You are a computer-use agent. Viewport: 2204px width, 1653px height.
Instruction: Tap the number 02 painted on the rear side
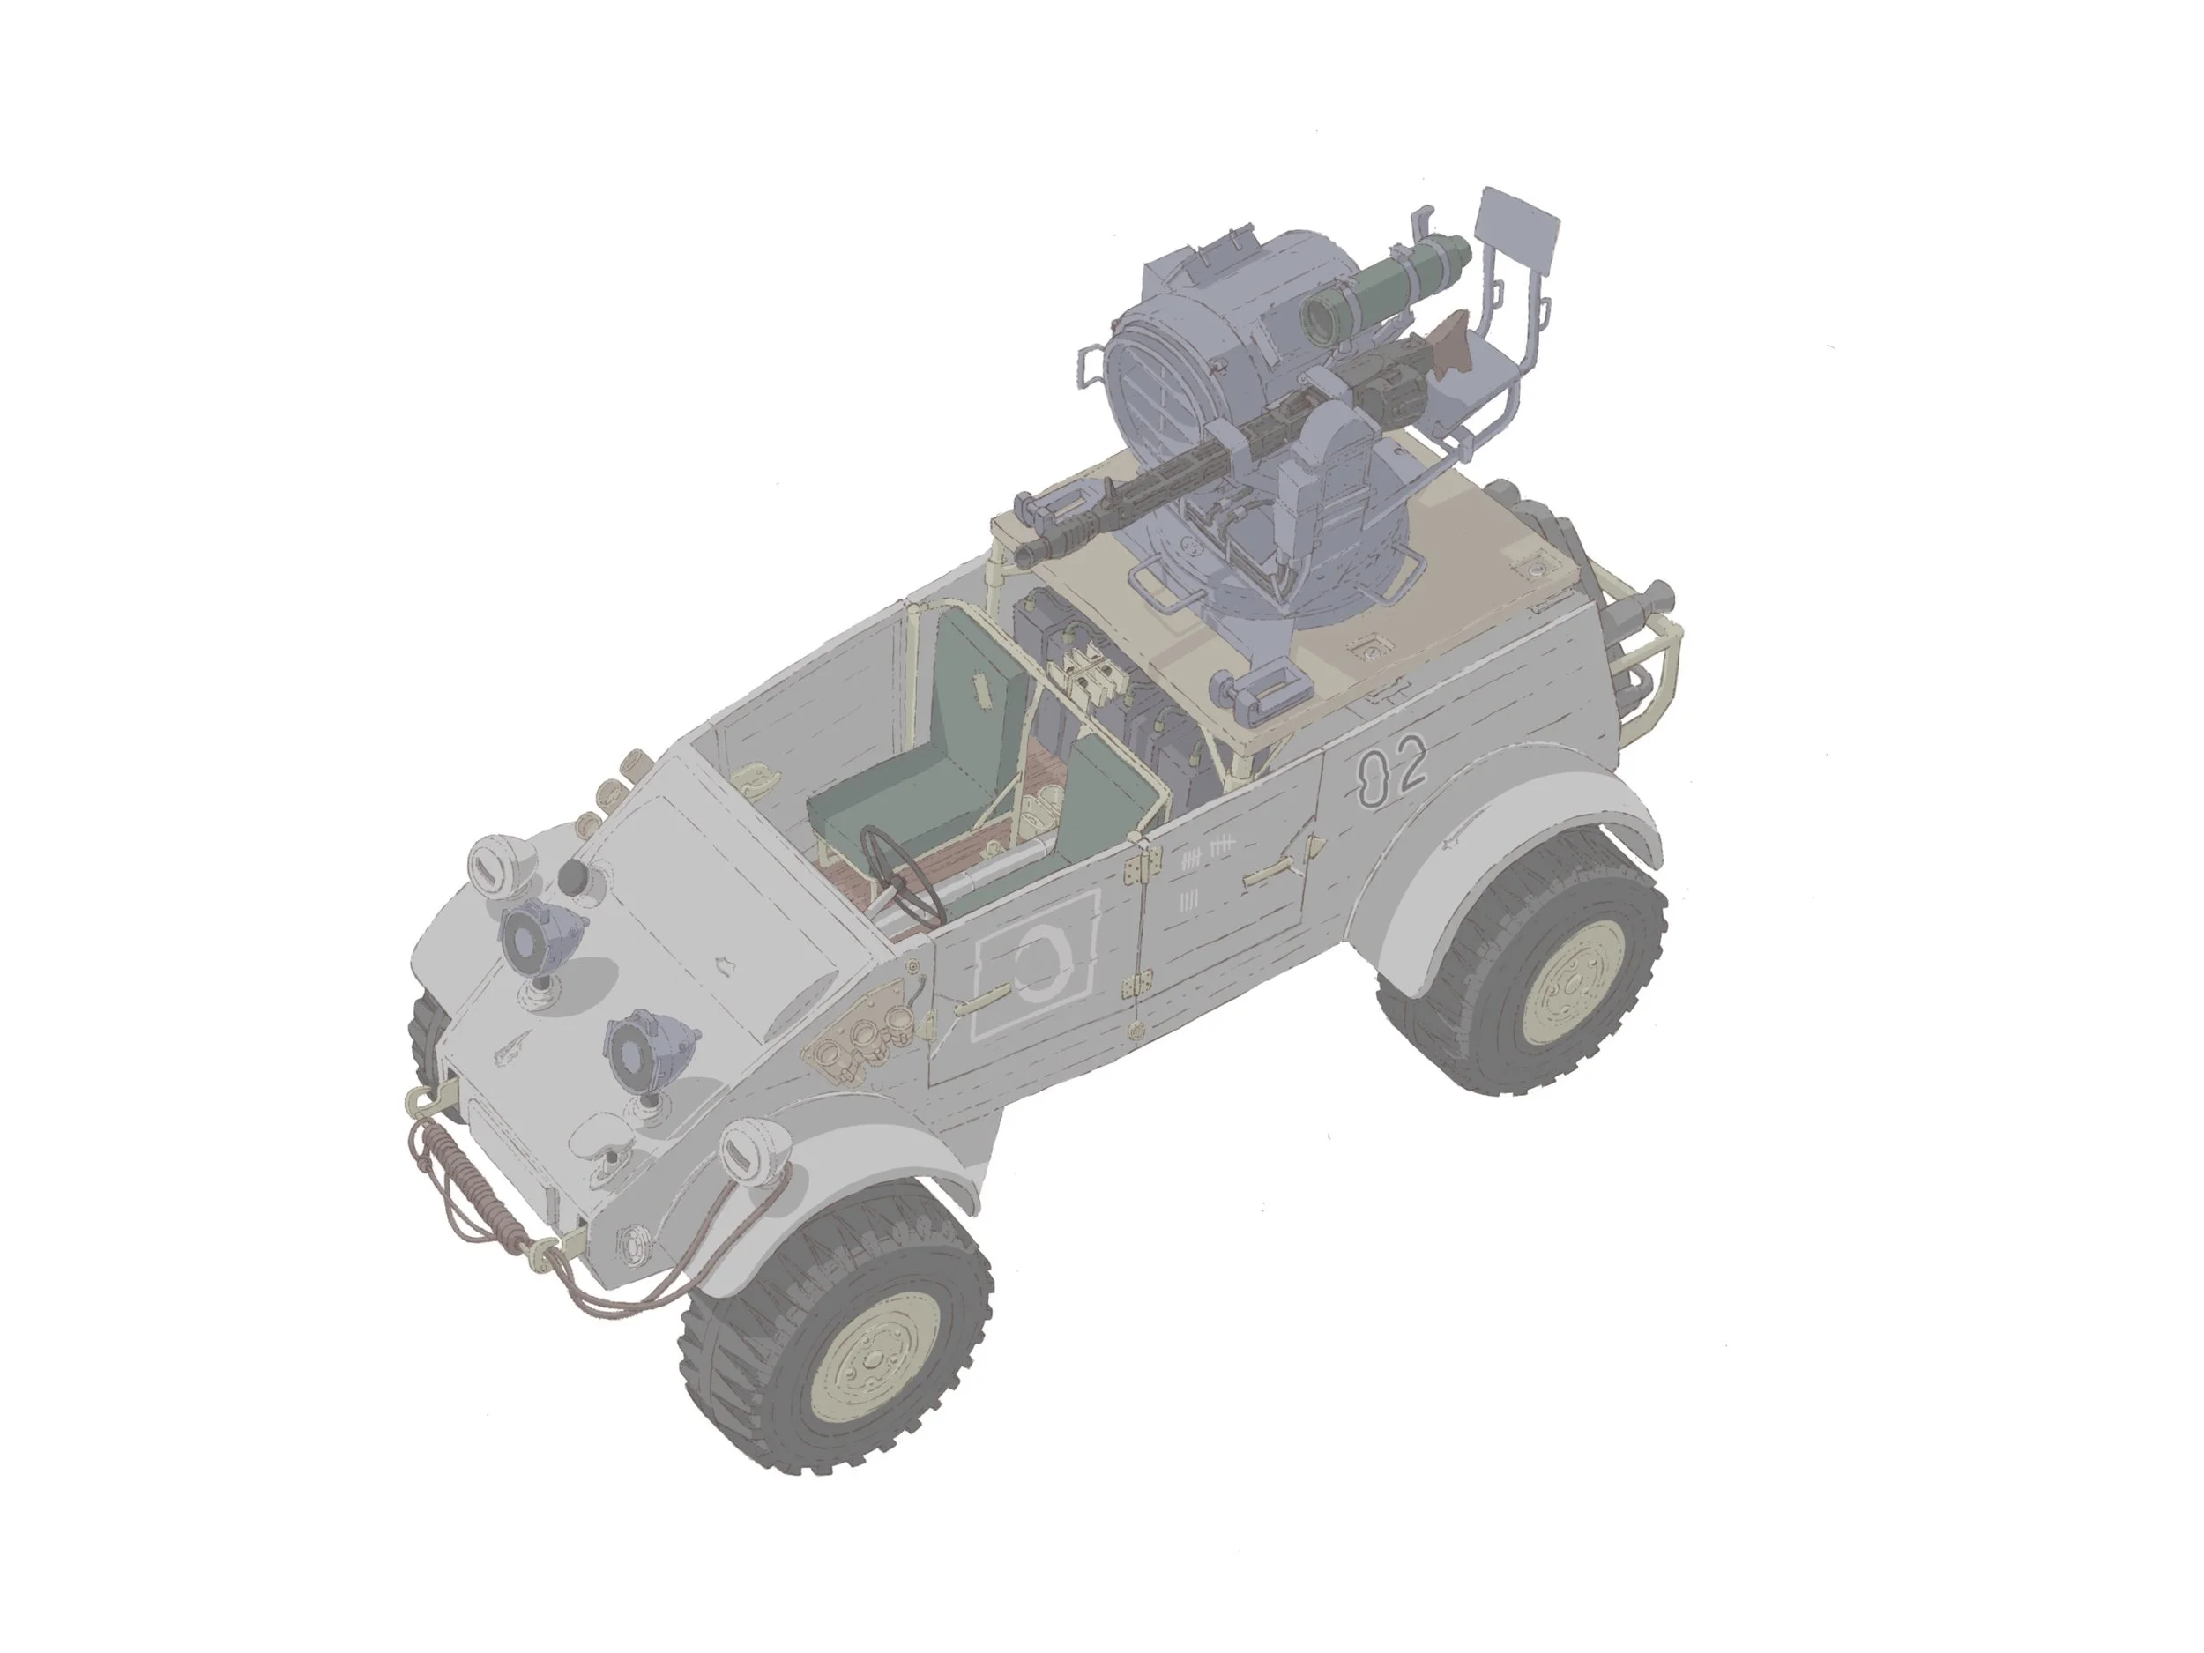[x=1393, y=771]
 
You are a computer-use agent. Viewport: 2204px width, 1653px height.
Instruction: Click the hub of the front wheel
[x=873, y=1362]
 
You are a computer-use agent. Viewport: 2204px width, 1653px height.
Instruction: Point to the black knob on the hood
[x=572, y=878]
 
